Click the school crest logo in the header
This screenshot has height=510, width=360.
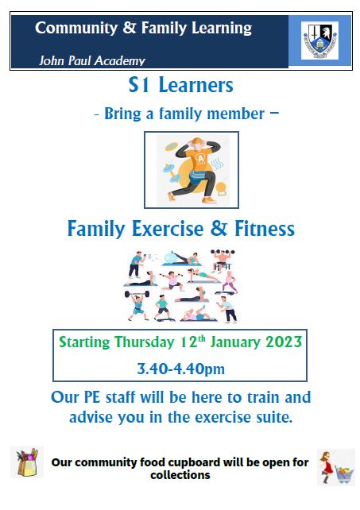click(x=319, y=41)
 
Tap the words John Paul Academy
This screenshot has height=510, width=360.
click(x=92, y=60)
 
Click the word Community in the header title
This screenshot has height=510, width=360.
click(x=76, y=28)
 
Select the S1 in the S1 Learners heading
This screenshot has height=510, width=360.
click(x=139, y=85)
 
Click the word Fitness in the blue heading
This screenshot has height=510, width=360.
click(x=265, y=228)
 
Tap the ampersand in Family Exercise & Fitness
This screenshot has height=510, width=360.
click(x=219, y=228)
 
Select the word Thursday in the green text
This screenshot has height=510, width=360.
click(x=144, y=342)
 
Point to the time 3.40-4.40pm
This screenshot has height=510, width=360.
click(x=180, y=369)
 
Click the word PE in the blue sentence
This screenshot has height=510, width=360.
click(x=92, y=397)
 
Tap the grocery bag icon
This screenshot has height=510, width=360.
click(x=27, y=462)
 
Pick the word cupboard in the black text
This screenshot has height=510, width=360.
click(x=194, y=462)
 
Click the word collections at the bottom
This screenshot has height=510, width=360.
click(x=180, y=475)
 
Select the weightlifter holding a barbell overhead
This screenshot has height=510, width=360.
click(x=137, y=305)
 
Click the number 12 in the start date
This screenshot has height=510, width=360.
click(x=188, y=342)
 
